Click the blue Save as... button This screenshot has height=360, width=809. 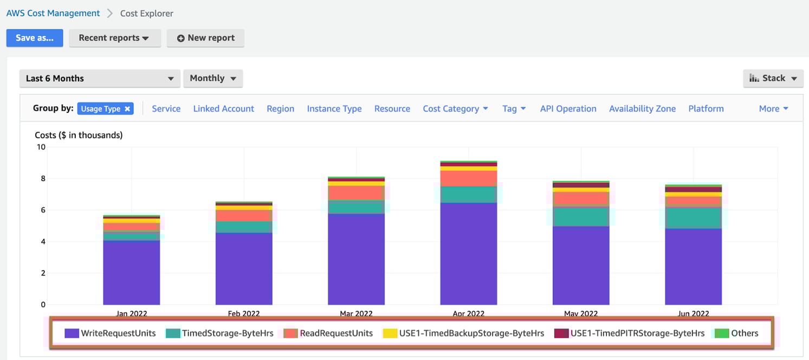pyautogui.click(x=35, y=38)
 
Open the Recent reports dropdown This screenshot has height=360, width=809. pyautogui.click(x=114, y=38)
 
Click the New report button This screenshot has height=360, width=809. pyautogui.click(x=205, y=38)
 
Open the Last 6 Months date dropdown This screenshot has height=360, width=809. pyautogui.click(x=100, y=78)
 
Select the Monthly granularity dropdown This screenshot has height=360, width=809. pyautogui.click(x=213, y=78)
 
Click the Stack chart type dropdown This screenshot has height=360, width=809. pyautogui.click(x=773, y=78)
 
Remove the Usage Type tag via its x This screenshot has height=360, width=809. pyautogui.click(x=127, y=108)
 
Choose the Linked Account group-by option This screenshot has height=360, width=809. pyautogui.click(x=223, y=108)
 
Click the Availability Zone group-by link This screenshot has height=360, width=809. pyautogui.click(x=642, y=108)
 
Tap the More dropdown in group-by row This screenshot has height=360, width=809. pyautogui.click(x=773, y=108)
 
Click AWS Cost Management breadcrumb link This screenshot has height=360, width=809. pyautogui.click(x=53, y=13)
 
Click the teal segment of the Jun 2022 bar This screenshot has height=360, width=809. pyautogui.click(x=693, y=217)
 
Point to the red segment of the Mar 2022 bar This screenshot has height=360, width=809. pyautogui.click(x=356, y=192)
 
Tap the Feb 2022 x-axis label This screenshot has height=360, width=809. pyautogui.click(x=244, y=313)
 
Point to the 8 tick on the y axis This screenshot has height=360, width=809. pyautogui.click(x=42, y=178)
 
